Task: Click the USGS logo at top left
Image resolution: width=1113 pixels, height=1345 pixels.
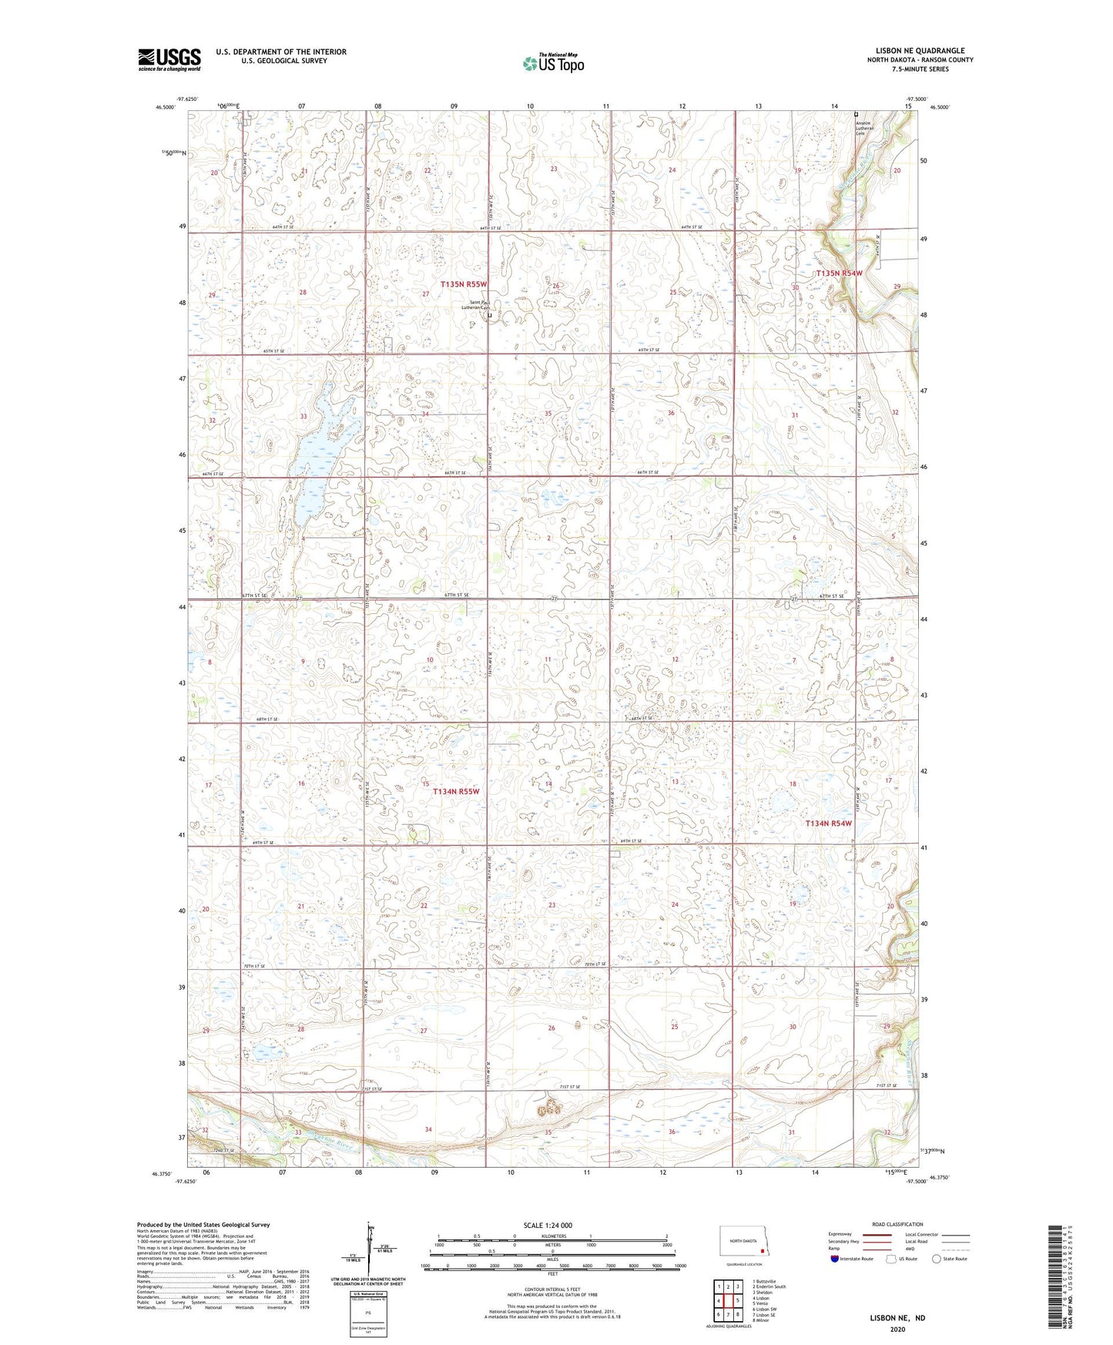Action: tap(169, 59)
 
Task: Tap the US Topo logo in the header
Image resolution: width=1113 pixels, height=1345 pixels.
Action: tap(552, 63)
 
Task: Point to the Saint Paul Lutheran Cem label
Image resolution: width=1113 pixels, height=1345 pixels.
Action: tap(476, 305)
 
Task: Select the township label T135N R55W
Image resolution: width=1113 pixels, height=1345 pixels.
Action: tap(463, 284)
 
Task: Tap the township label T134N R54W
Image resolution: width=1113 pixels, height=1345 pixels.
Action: tap(828, 823)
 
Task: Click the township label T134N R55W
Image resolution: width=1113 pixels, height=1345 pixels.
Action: tap(456, 791)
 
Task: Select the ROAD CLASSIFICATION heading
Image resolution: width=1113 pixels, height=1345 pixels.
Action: tap(876, 1224)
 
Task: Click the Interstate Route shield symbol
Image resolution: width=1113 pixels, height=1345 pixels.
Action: tap(836, 1259)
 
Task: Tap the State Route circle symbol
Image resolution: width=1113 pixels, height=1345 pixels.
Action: tap(937, 1259)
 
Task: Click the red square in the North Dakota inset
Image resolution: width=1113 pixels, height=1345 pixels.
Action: tap(762, 1252)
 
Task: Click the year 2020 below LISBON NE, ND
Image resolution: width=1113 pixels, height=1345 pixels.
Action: tap(897, 1329)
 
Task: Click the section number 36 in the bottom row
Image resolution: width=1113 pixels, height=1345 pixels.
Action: tap(672, 1132)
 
